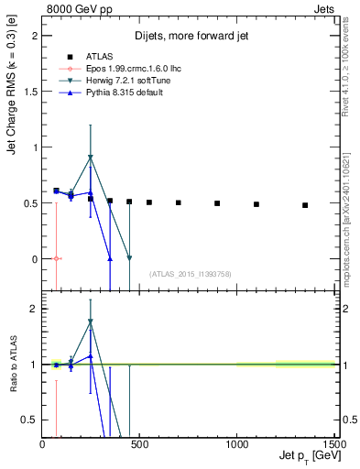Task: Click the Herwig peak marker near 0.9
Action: coord(90,158)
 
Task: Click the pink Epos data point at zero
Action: coord(57,259)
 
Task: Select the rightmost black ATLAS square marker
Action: coord(305,205)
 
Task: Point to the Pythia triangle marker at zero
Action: coord(110,259)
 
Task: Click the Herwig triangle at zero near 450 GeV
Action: coord(129,258)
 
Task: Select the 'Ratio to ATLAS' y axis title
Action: coord(13,365)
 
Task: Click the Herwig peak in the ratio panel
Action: coord(90,322)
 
